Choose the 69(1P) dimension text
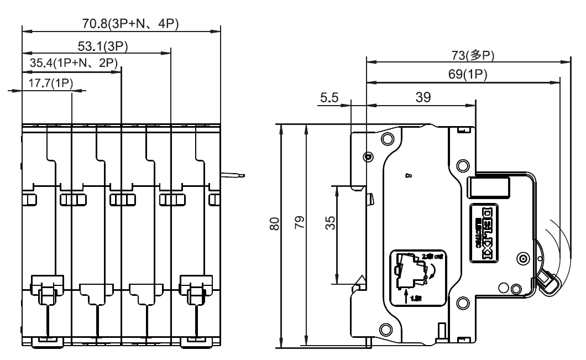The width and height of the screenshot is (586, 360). [468, 75]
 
